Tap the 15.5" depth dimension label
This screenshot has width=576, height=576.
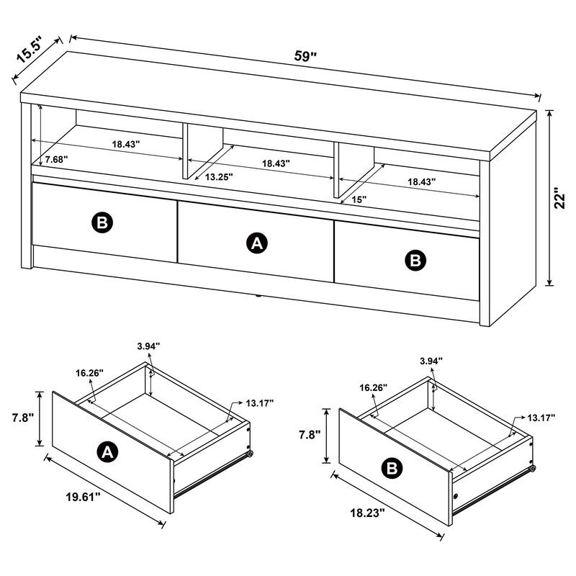click(32, 52)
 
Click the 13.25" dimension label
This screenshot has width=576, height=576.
click(218, 176)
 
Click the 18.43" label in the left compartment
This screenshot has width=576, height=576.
click(125, 144)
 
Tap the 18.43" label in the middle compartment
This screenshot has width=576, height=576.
click(276, 163)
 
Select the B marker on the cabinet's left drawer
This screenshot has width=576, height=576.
click(102, 222)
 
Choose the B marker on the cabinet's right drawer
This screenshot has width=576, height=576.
click(415, 260)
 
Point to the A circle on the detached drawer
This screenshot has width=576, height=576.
click(107, 451)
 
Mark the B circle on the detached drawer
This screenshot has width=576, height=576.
click(392, 469)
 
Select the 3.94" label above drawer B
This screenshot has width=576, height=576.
click(431, 361)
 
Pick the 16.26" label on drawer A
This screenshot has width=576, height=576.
click(89, 373)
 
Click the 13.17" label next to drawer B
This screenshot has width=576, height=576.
click(541, 418)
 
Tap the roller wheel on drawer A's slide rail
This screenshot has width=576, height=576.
click(249, 455)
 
